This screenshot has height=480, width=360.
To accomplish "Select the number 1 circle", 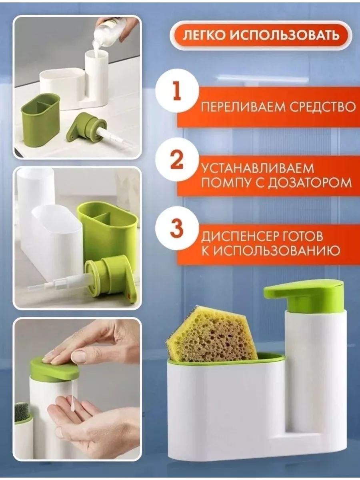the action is pos(177,91).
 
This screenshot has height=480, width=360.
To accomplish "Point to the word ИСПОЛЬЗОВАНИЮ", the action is pos(276,251).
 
